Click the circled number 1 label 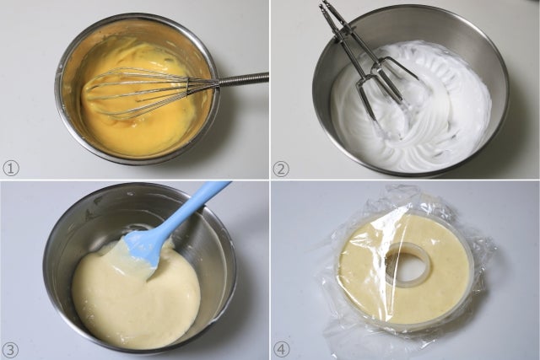click(x=11, y=169)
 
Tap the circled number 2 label click(x=281, y=169)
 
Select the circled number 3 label click(x=11, y=350)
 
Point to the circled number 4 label click(x=281, y=349)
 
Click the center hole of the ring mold click(x=408, y=263)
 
